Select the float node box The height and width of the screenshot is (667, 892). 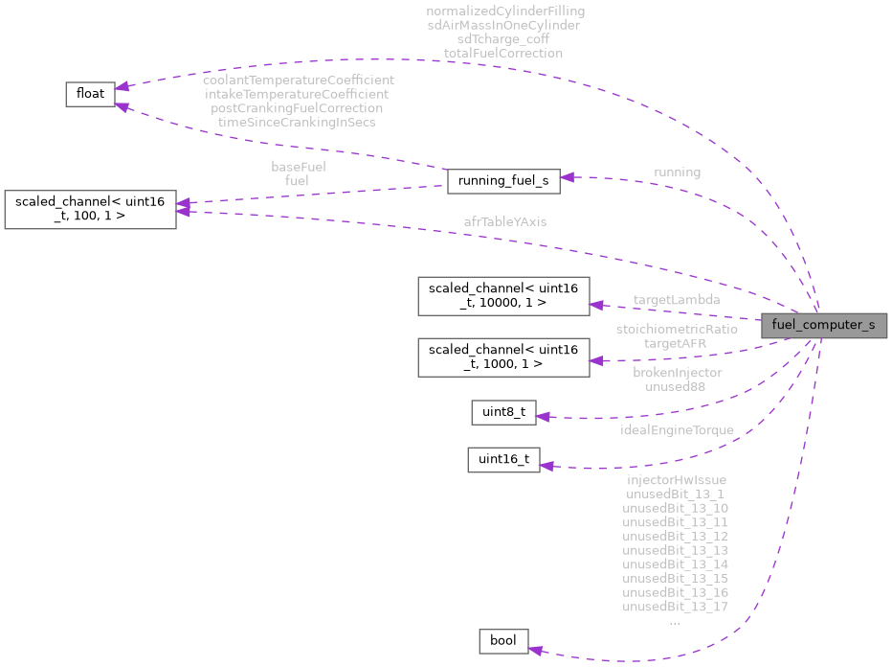tap(90, 94)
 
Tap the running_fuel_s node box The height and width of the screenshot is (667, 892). tap(503, 181)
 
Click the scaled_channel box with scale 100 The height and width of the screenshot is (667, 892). tap(91, 209)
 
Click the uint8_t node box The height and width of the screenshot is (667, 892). tap(503, 413)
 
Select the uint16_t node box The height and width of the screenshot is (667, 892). tap(503, 459)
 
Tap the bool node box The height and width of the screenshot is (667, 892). tap(503, 640)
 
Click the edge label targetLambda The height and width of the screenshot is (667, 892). tap(677, 300)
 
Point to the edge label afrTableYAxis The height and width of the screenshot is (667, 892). tap(505, 221)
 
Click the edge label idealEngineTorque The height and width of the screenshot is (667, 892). tap(677, 430)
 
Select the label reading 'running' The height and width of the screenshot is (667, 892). tap(677, 172)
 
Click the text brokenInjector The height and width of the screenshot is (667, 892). tap(677, 372)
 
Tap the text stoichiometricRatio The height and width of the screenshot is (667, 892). tap(677, 329)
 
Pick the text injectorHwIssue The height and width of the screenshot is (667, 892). tap(676, 479)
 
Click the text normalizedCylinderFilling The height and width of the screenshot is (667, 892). tap(505, 11)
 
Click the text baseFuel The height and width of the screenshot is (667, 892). tap(298, 166)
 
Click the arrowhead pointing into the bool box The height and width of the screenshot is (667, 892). tap(536, 651)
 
